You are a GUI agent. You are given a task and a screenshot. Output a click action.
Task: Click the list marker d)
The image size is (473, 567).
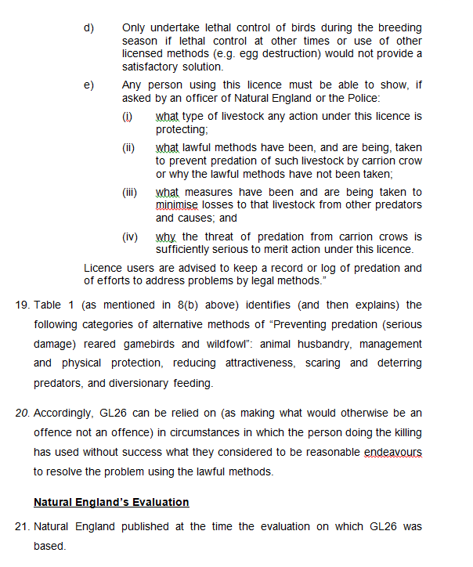click(x=88, y=28)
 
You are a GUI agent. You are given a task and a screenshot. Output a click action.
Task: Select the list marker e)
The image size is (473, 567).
click(x=88, y=85)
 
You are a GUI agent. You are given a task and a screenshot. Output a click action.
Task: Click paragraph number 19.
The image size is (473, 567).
click(x=23, y=305)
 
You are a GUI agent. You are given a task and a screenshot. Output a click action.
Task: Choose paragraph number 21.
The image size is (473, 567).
click(x=23, y=526)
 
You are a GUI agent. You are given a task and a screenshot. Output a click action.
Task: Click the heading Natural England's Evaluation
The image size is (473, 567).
click(x=111, y=501)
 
